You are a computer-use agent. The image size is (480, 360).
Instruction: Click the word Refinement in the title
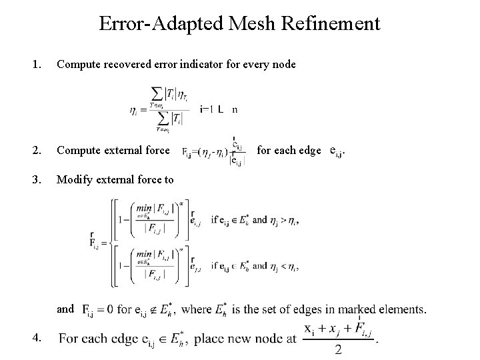point(331,25)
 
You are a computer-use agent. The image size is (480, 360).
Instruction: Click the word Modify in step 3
point(74,179)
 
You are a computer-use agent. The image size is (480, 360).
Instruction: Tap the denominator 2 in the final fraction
point(339,350)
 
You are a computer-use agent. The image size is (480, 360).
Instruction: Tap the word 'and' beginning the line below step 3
point(65,309)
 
